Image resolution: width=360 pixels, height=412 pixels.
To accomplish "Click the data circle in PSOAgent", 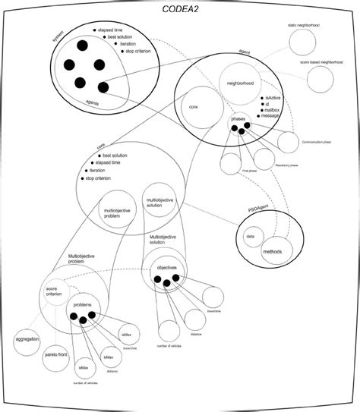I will pos(249,237).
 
